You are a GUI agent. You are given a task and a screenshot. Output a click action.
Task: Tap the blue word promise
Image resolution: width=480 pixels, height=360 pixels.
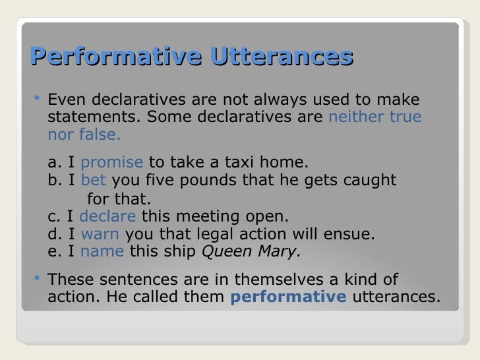point(111,162)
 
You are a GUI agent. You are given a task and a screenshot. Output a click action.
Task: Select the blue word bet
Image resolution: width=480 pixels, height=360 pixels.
point(93,180)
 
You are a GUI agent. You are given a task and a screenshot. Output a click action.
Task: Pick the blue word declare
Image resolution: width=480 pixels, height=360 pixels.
point(107,216)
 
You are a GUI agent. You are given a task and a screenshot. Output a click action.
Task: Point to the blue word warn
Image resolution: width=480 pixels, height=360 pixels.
point(100,234)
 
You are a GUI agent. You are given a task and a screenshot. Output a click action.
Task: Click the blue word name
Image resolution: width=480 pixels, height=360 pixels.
point(102,252)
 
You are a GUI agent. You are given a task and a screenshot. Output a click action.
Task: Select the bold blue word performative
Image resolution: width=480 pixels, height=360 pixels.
point(288,297)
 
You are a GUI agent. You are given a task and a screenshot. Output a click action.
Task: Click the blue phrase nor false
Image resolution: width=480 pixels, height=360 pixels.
point(84,135)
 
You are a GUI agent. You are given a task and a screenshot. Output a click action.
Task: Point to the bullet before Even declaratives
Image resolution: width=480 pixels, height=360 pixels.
point(36,99)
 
